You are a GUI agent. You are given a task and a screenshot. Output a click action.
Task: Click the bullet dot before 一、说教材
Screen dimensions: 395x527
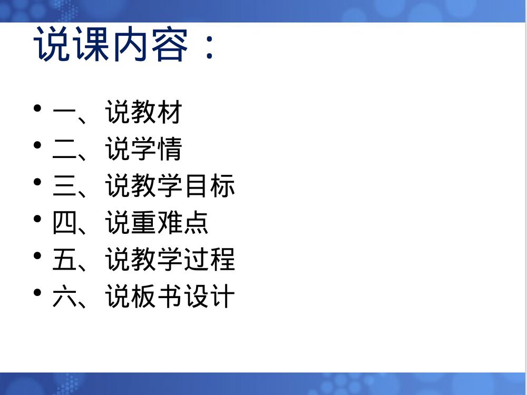coord(37,108)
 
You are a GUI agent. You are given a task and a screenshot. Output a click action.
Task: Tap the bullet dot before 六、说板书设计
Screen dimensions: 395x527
coord(37,293)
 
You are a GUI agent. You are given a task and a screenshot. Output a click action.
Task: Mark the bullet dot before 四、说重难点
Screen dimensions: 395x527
coord(37,219)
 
